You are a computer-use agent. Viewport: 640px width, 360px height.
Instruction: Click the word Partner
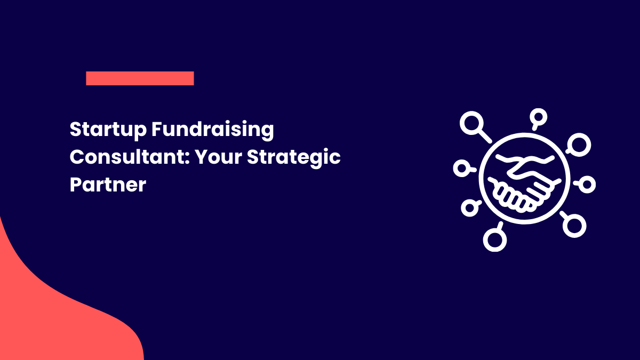pos(108,185)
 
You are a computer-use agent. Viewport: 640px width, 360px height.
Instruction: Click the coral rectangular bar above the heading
pos(140,78)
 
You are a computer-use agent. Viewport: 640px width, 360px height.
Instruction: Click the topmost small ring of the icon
pos(539,116)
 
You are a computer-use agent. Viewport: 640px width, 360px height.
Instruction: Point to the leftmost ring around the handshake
pos(460,169)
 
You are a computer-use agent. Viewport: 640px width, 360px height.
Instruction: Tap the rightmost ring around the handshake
pos(587,185)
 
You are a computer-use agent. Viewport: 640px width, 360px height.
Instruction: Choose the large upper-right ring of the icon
pos(579,143)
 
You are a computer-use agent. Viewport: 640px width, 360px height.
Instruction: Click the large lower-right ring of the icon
pos(574,225)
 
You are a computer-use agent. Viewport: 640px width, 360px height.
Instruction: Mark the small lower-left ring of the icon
pos(469,208)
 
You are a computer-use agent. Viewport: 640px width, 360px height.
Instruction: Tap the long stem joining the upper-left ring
pos(484,137)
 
